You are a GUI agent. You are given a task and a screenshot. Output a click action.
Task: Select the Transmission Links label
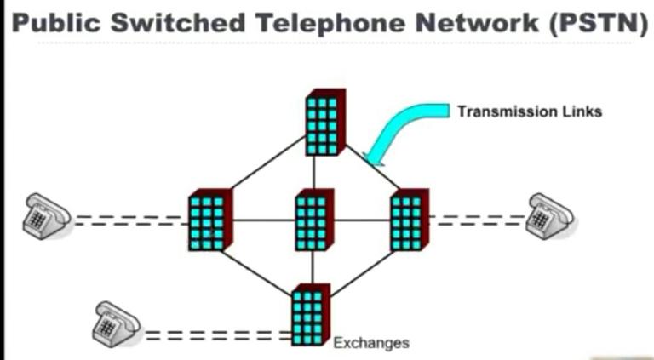click(x=529, y=111)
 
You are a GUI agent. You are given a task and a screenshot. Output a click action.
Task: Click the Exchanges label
click(x=370, y=343)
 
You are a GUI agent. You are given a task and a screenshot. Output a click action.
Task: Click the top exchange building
click(x=324, y=122)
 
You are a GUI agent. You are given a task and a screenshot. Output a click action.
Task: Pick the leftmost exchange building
click(x=209, y=220)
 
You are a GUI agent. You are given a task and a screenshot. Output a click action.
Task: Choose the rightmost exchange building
click(x=409, y=220)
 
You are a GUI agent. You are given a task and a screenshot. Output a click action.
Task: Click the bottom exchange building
click(x=309, y=315)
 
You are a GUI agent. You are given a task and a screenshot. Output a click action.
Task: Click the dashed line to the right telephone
click(x=477, y=220)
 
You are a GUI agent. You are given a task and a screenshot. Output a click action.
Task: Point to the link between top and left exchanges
click(x=268, y=175)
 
